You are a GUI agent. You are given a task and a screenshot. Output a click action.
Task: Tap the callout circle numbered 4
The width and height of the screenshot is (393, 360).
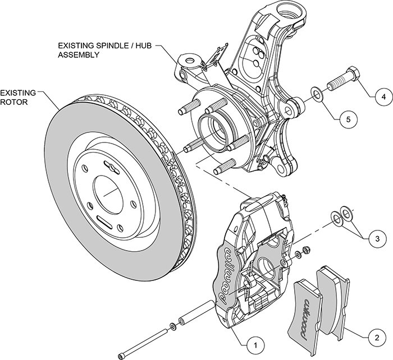click(x=383, y=96)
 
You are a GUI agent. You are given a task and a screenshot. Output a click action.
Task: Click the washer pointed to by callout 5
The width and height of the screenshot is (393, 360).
click(x=317, y=93)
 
